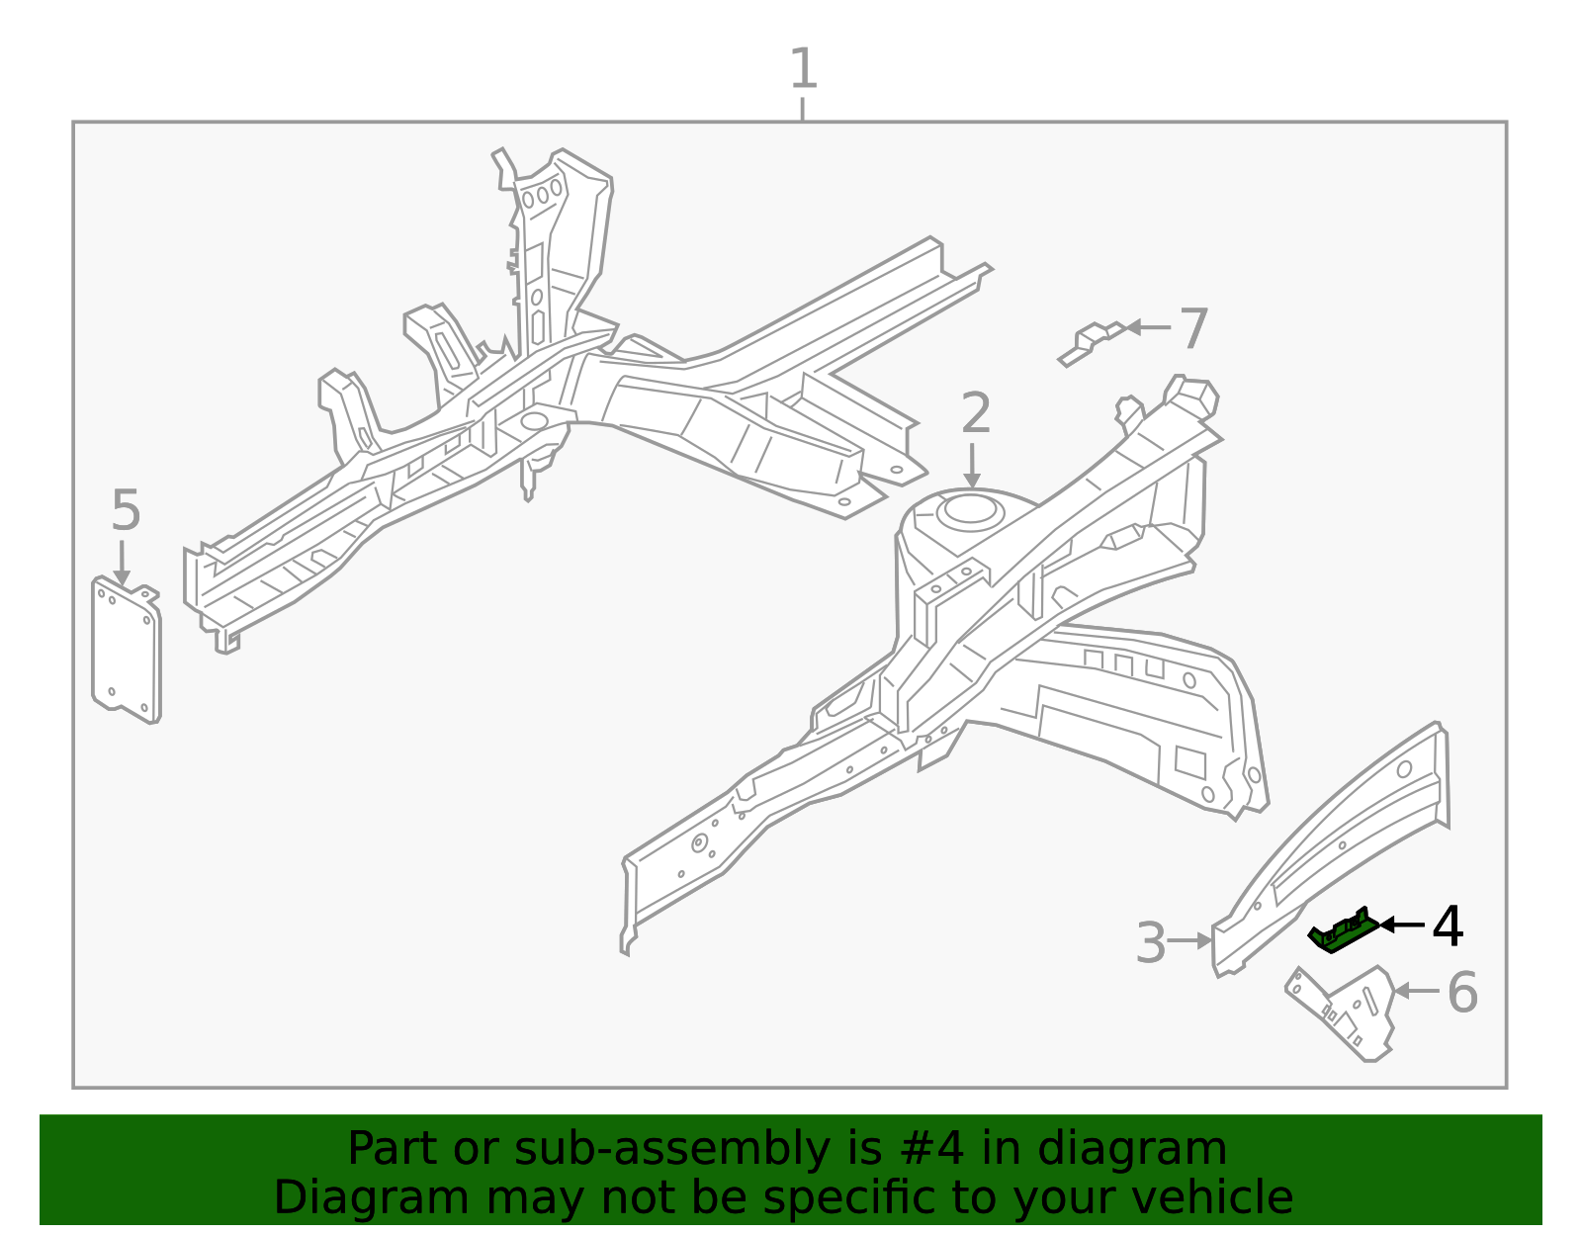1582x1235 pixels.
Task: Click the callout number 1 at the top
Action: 803,69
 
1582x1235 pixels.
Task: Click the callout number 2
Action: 975,413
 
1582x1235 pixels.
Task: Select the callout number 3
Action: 1151,943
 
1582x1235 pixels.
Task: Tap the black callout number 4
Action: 1448,927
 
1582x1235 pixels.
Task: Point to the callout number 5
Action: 126,511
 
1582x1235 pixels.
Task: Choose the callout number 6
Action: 1462,993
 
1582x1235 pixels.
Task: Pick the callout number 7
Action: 1193,328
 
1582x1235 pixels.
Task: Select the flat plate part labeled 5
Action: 126,653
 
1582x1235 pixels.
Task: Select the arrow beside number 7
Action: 1147,327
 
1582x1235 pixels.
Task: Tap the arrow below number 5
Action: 122,563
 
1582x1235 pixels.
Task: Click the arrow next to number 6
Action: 1415,990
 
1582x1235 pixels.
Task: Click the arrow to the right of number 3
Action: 1190,941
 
